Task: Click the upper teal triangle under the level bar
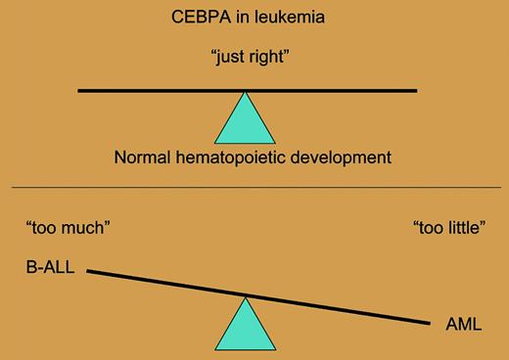coord(246,121)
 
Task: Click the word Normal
coord(142,157)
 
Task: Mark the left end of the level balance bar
coord(80,91)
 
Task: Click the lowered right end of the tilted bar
coord(429,322)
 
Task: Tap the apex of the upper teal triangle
coord(246,94)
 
